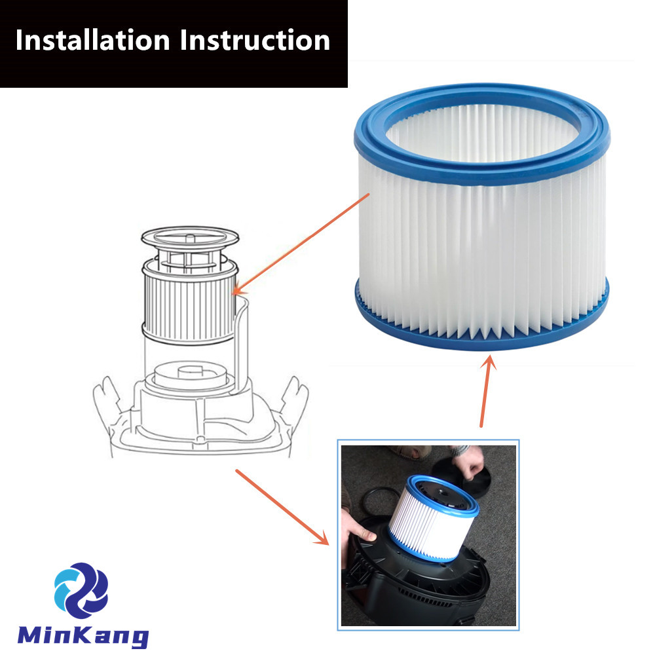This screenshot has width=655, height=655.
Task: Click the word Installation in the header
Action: tap(93, 41)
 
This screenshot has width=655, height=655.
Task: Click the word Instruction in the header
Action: tap(255, 41)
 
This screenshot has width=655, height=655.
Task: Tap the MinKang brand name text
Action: tap(83, 635)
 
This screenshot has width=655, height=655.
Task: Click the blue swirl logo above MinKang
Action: tap(81, 590)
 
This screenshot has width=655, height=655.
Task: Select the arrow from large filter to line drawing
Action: tap(301, 244)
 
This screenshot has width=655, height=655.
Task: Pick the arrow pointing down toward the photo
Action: tap(282, 507)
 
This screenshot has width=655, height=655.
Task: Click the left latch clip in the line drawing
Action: tap(107, 401)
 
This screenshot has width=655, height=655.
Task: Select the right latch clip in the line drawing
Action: tap(295, 401)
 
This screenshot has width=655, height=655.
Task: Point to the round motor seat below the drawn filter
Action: tap(190, 375)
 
